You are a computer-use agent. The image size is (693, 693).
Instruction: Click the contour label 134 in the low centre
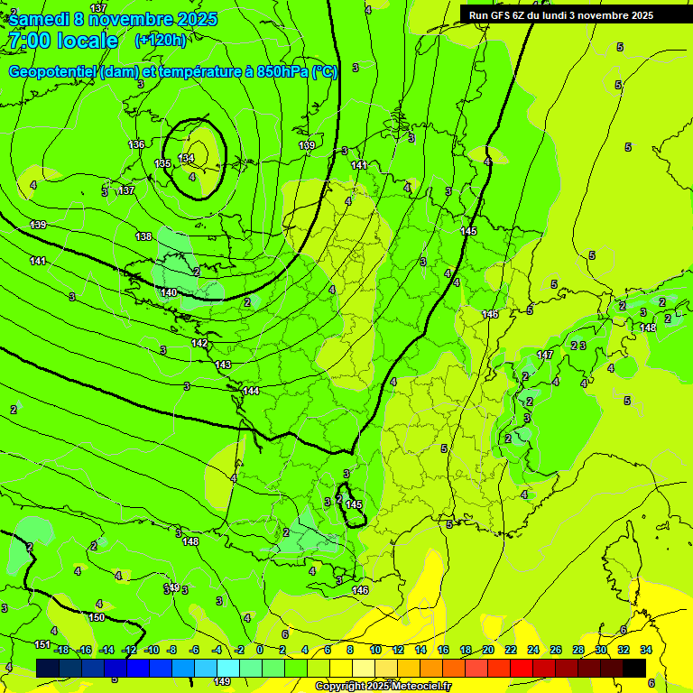186,158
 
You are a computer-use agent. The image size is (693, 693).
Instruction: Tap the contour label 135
162,163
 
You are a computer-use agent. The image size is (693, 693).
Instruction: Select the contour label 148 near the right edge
648,328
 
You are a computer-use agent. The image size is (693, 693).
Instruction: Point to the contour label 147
545,355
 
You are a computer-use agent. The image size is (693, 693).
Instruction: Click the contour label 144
251,391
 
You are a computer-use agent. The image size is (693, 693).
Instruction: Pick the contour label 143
223,365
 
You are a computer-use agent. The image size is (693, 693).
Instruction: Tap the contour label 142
199,344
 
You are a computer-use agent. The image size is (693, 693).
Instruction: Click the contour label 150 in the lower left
97,617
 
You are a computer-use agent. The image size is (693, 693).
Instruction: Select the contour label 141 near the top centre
359,165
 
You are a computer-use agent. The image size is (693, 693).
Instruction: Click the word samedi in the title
40,19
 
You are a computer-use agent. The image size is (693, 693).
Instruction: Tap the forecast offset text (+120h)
160,41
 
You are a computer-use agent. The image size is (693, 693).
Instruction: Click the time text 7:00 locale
62,41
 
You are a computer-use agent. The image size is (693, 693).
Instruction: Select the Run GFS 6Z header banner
561,15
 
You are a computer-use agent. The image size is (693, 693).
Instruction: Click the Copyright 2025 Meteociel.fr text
383,687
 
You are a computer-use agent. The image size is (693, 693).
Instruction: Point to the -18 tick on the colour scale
61,650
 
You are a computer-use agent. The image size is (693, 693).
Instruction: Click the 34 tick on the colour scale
645,650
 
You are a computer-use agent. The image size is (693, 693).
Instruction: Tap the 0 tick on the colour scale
260,650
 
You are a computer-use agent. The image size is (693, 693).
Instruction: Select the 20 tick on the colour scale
487,650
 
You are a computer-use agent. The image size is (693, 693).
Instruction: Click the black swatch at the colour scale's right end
634,668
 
